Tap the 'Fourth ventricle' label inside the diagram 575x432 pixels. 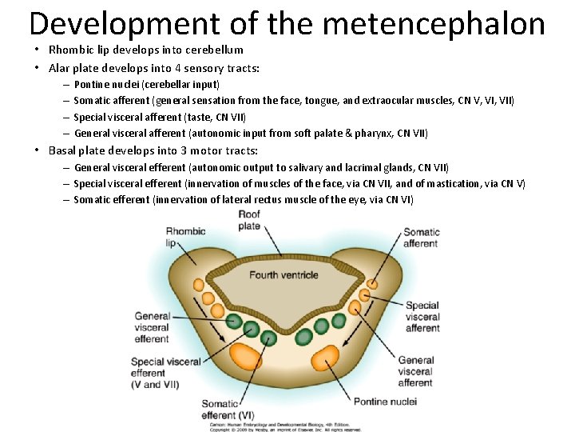point(284,275)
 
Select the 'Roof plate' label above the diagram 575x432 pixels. point(249,220)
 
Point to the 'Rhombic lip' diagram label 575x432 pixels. point(185,237)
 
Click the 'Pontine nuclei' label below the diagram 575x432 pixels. point(384,401)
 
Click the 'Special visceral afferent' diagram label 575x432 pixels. point(422,317)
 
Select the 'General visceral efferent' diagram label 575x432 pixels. point(152,327)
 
